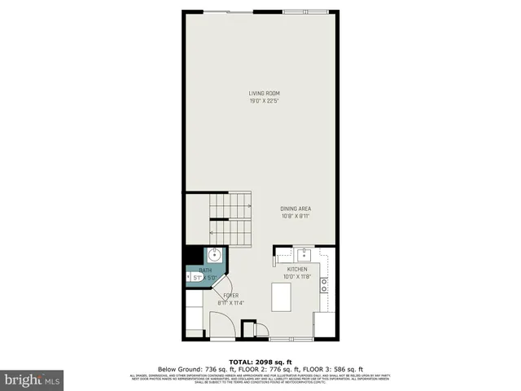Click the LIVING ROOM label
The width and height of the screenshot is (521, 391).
pyautogui.click(x=259, y=94)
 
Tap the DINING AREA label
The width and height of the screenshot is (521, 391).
pyautogui.click(x=296, y=209)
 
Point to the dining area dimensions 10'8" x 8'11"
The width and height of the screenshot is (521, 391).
pyautogui.click(x=296, y=217)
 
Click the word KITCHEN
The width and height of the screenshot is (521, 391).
pyautogui.click(x=297, y=269)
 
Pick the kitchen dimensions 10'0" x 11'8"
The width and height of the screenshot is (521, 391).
pyautogui.click(x=297, y=277)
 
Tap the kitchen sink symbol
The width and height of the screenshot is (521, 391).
pyautogui.click(x=302, y=253)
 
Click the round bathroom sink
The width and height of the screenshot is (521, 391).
pyautogui.click(x=214, y=253)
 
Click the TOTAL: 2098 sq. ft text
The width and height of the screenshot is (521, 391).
pyautogui.click(x=260, y=361)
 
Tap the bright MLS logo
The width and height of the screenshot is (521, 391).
pyautogui.click(x=31, y=380)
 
